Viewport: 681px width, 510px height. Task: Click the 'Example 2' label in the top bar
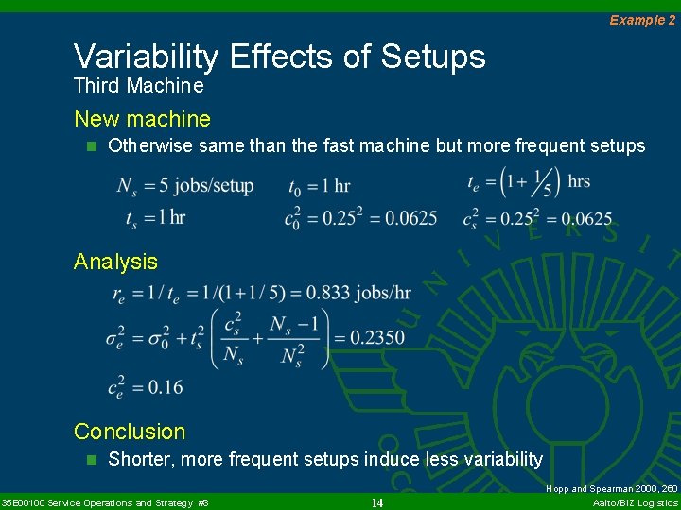[x=642, y=20]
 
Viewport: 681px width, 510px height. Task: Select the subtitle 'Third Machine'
[x=138, y=86]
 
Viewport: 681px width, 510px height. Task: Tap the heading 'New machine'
[x=142, y=119]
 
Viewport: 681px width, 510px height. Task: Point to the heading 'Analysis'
[x=115, y=262]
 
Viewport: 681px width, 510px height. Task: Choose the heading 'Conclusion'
[x=130, y=432]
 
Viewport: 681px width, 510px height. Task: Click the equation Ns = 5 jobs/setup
[x=184, y=185]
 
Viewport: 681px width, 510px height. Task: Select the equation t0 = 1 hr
[x=319, y=185]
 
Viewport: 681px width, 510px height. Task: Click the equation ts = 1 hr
[x=156, y=217]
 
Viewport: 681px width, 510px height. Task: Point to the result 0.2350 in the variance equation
[x=376, y=337]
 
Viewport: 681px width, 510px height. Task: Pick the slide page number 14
[x=376, y=502]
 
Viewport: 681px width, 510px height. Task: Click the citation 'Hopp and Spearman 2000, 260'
[x=612, y=489]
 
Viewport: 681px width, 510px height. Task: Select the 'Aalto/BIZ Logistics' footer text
[x=635, y=502]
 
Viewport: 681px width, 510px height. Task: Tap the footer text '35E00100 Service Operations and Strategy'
[x=98, y=502]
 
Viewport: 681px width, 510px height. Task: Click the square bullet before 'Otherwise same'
[x=92, y=146]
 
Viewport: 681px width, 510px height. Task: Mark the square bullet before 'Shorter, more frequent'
[x=92, y=460]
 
